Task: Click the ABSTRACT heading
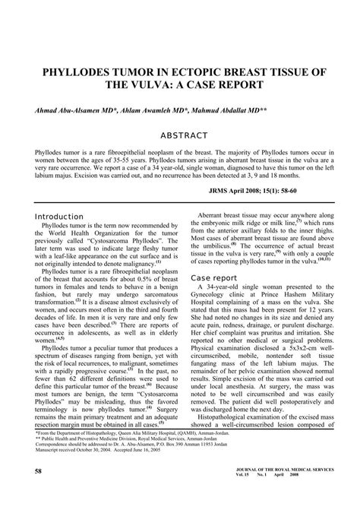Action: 179,136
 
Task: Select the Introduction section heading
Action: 60,216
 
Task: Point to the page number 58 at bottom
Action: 38,493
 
